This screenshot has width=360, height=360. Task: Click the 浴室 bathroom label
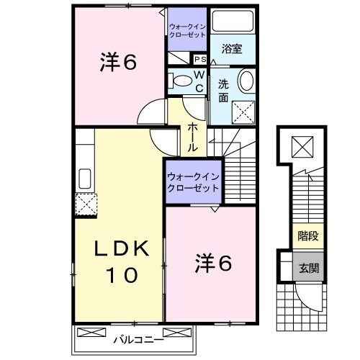pos(232,50)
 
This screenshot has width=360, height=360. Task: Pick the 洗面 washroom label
pos(223,91)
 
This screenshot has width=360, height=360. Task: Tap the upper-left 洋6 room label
pos(119,63)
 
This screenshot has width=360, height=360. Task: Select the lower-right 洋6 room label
pos(212,265)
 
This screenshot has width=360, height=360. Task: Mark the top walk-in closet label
pos(187,30)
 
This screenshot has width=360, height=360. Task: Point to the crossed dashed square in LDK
pos(86,204)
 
